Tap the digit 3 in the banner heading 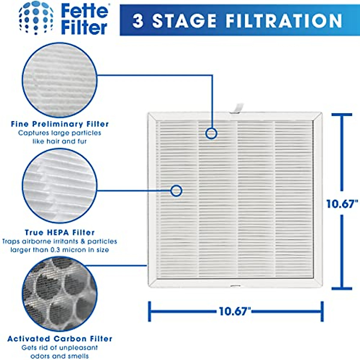point(138,21)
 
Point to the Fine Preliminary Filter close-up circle point(60,79)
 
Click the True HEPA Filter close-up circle point(60,186)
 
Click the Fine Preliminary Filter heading point(60,124)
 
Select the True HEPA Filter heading point(60,232)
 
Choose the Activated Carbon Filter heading point(60,339)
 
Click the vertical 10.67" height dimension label point(342,204)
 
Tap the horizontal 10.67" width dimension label point(234,311)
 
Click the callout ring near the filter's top point(211,133)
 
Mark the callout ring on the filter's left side point(176,190)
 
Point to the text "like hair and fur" point(60,141)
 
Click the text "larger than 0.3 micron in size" point(60,250)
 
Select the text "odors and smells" point(60,356)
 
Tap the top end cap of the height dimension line point(342,115)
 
